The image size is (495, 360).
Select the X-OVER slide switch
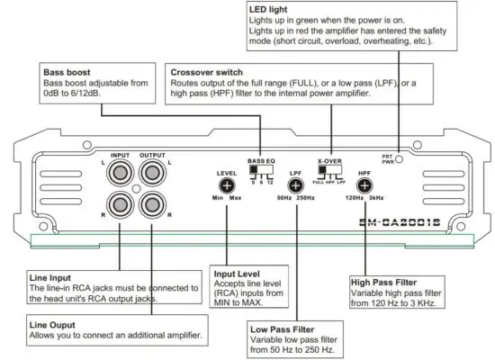[x=332, y=168]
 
